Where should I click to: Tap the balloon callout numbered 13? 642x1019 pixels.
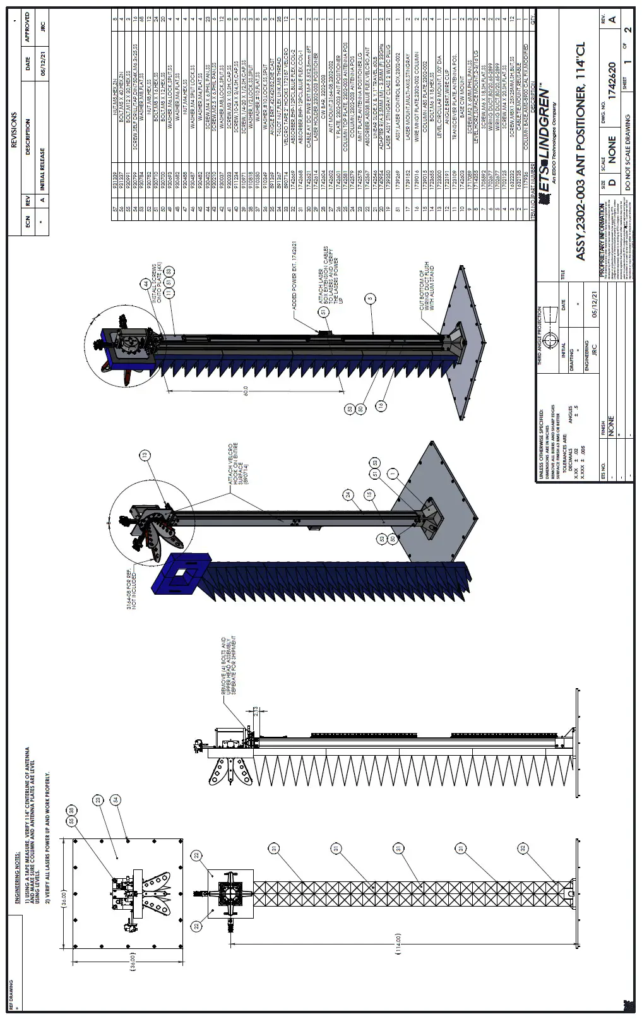(146, 455)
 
